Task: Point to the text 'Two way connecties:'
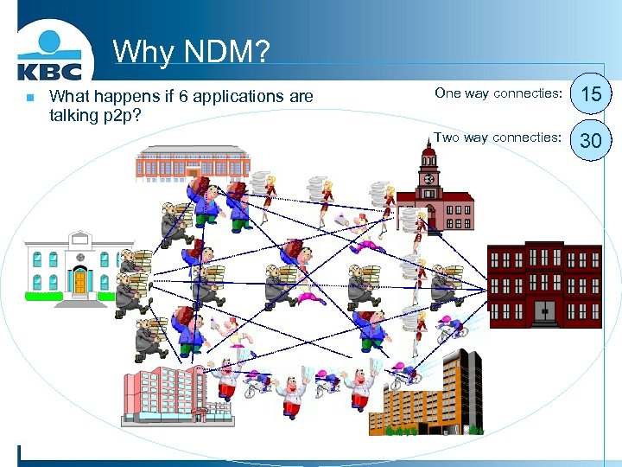pyautogui.click(x=498, y=137)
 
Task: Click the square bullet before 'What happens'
pyautogui.click(x=29, y=98)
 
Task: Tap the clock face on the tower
pyautogui.click(x=429, y=180)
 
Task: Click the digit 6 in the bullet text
pyautogui.click(x=182, y=97)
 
